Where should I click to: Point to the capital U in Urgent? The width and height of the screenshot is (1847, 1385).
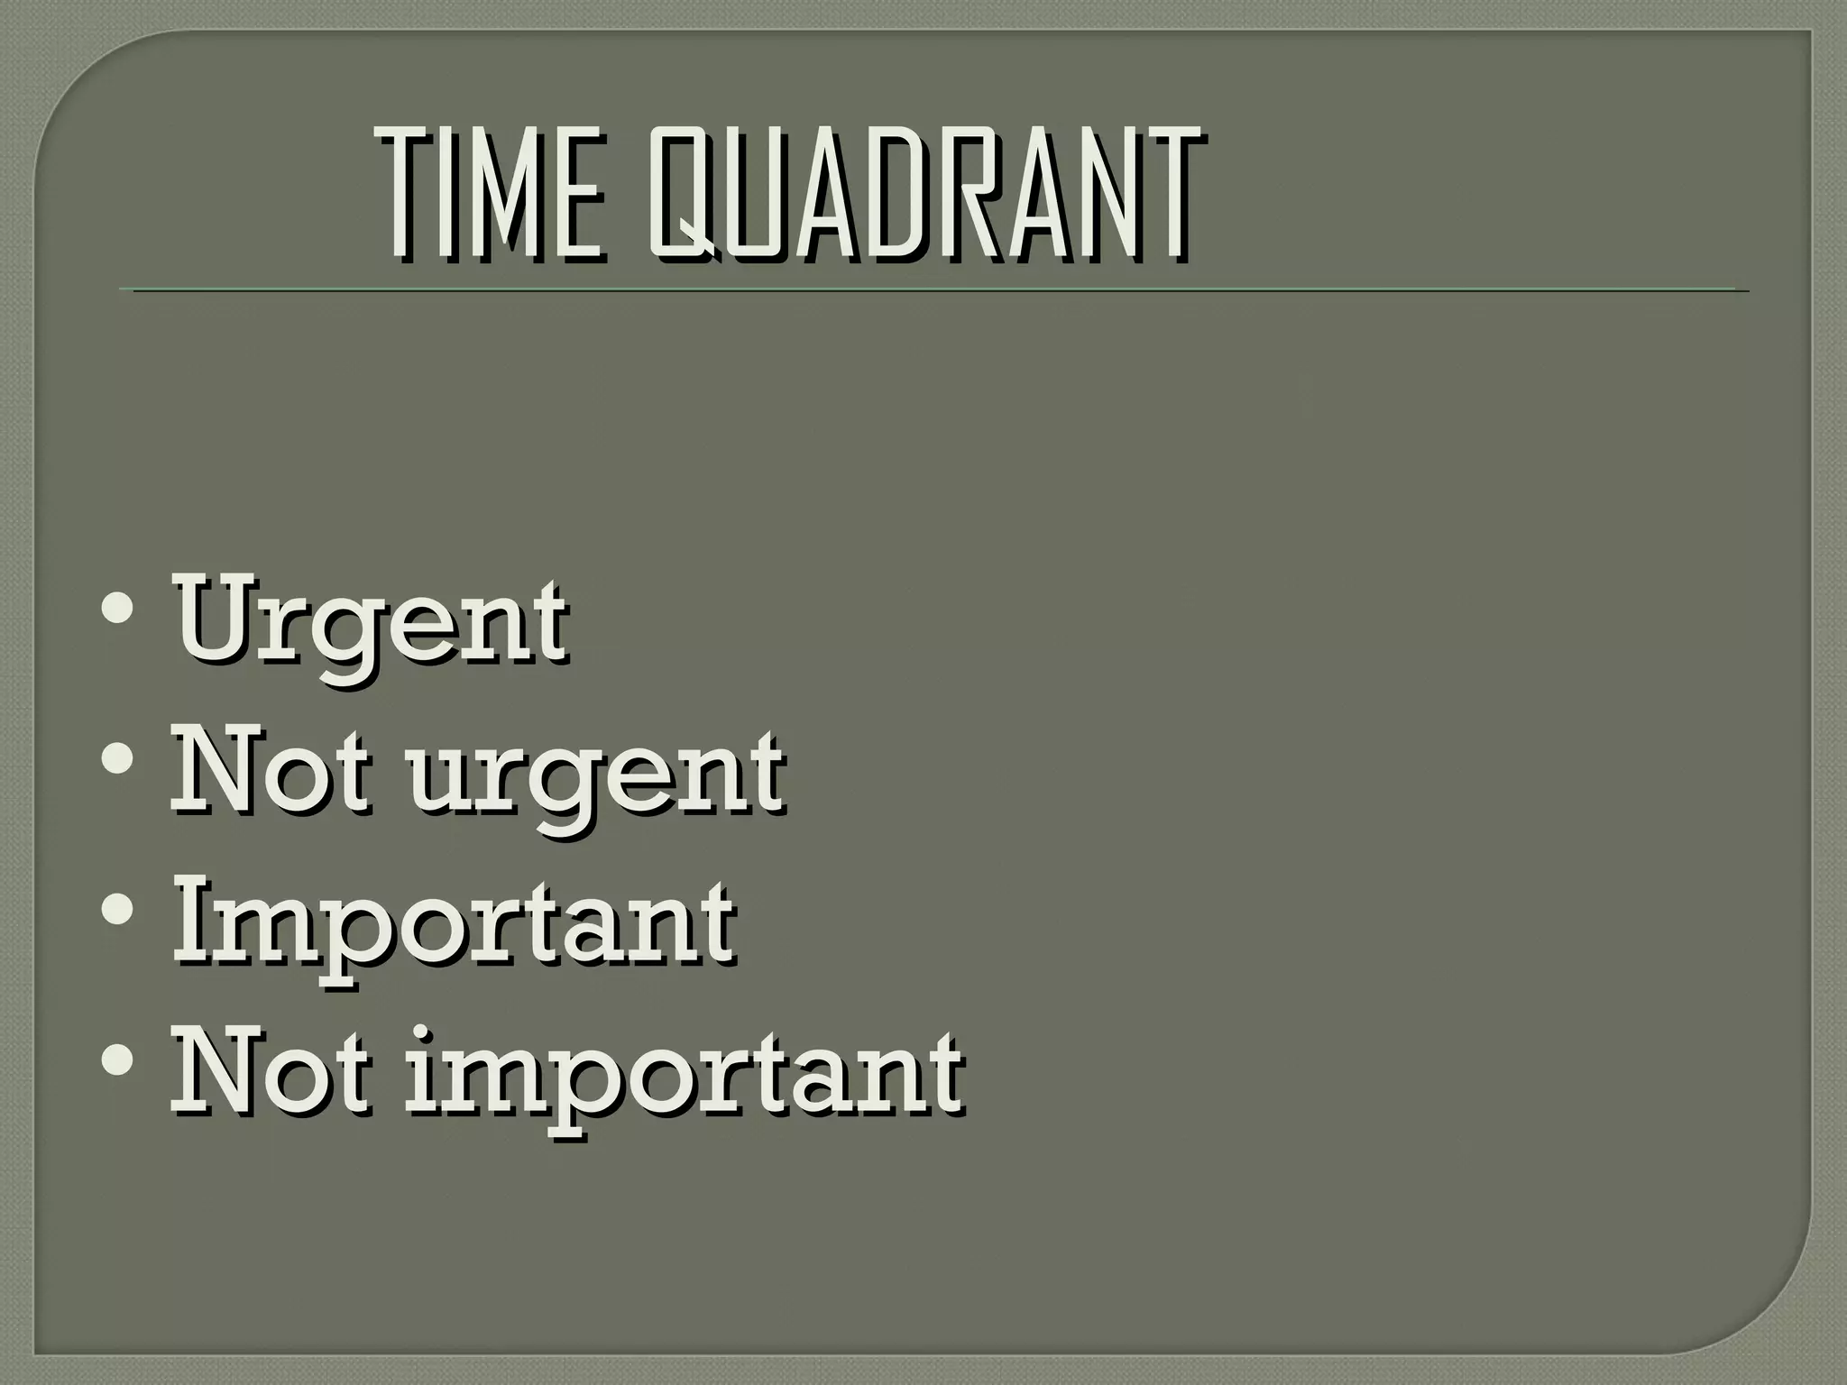[215, 615]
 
